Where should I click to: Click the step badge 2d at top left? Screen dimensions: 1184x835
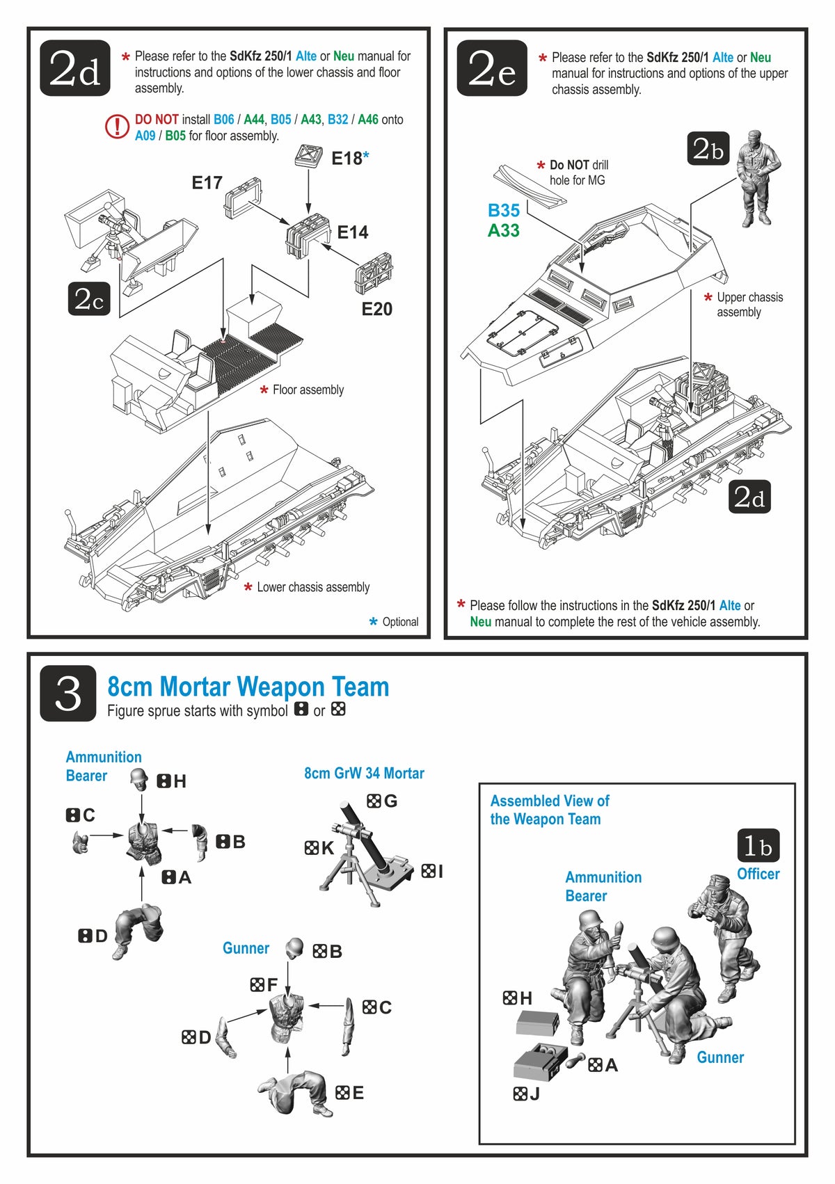pos(75,68)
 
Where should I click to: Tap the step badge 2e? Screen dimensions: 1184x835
pos(492,68)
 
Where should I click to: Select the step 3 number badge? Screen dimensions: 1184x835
pos(68,693)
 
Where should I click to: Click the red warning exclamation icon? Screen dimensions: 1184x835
pos(117,127)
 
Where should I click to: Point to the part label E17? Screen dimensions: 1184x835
pos(207,183)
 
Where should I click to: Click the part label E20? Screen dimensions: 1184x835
pos(376,309)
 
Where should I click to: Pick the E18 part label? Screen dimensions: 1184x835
pos(347,159)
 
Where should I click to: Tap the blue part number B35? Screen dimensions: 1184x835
pos(503,210)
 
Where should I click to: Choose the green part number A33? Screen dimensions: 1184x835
pos(503,230)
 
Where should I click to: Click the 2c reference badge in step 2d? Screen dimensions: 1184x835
pos(89,298)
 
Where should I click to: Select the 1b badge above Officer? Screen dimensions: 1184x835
pos(758,845)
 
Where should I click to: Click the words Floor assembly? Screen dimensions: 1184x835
pos(308,390)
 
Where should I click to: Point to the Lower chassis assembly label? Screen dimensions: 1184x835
pos(312,587)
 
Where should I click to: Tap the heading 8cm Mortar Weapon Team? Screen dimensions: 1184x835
pos(248,687)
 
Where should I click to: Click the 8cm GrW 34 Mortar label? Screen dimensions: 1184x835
pos(364,773)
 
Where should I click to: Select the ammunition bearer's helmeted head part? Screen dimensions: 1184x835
pos(140,779)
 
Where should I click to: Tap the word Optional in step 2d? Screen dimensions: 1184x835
pos(400,622)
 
